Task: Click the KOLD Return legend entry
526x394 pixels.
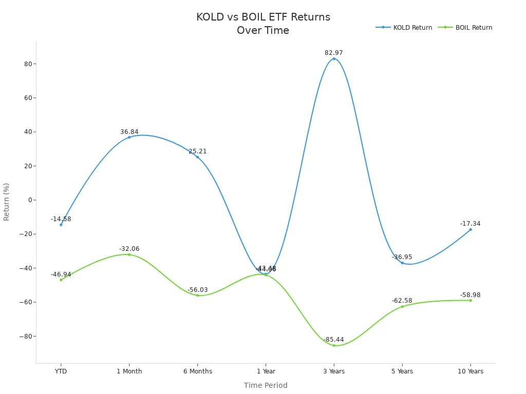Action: (x=404, y=28)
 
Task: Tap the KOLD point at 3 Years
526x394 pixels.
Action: (x=334, y=58)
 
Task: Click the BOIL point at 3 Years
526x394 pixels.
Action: (x=334, y=345)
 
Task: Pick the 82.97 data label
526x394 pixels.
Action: (x=334, y=53)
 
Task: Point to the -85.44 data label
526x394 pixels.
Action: (x=334, y=340)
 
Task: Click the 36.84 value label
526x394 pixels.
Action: (x=129, y=132)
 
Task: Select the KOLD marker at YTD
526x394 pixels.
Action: (x=61, y=225)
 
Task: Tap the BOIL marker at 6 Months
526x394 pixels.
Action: (x=197, y=295)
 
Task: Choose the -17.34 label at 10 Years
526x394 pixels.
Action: (x=471, y=224)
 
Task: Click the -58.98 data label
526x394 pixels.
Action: (x=471, y=295)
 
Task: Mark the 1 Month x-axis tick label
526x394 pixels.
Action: (x=129, y=371)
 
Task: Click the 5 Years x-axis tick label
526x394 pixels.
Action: (x=402, y=371)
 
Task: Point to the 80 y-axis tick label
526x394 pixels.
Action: (x=27, y=64)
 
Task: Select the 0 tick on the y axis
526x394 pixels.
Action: (x=29, y=200)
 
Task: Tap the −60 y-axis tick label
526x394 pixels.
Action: (x=25, y=302)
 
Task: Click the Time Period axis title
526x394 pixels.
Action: (x=266, y=385)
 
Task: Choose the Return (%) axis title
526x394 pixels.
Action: (x=7, y=202)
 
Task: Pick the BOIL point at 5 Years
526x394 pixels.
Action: (x=402, y=307)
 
